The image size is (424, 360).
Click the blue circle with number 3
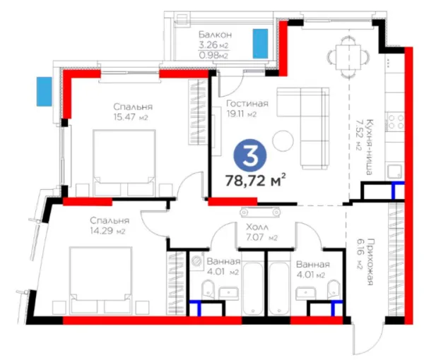click(250, 155)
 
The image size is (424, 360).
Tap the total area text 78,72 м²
click(256, 180)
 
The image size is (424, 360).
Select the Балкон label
click(215, 35)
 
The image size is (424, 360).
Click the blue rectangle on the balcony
click(260, 44)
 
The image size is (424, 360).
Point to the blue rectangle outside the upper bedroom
click(44, 91)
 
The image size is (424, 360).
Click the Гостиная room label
click(247, 104)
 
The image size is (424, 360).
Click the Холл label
click(257, 227)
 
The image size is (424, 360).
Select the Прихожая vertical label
click(370, 261)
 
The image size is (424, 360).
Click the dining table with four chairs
click(348, 56)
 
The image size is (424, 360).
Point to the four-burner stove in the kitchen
click(396, 121)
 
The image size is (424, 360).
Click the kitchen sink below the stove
click(395, 172)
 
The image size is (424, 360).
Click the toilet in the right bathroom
click(333, 289)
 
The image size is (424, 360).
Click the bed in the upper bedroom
click(124, 162)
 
